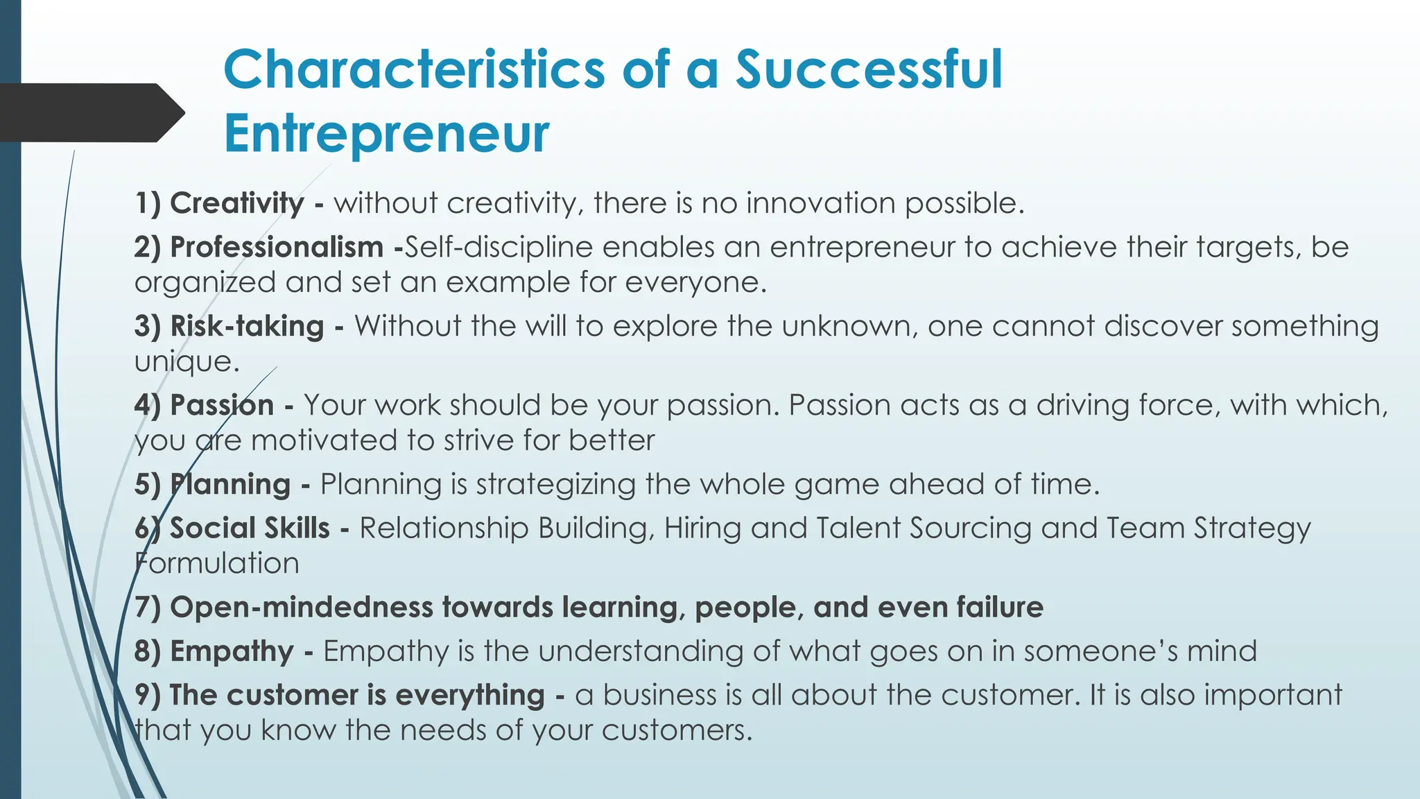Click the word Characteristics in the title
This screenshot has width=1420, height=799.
tap(414, 70)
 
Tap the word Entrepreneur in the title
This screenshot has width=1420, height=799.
tap(386, 133)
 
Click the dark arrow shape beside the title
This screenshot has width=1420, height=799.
tap(90, 113)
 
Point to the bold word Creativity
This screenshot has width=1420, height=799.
tap(236, 204)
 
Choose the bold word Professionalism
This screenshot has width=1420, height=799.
tap(276, 248)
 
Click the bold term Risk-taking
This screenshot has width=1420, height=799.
tap(247, 326)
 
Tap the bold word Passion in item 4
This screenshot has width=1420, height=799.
tap(222, 405)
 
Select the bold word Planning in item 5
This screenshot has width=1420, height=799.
tap(230, 484)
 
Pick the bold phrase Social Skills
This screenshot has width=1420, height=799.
tap(250, 529)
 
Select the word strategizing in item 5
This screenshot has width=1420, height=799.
tap(555, 485)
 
